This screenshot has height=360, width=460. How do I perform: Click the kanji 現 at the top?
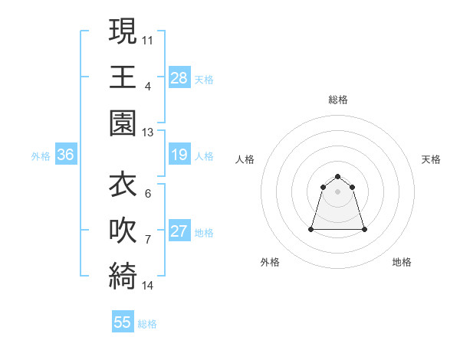click(123, 31)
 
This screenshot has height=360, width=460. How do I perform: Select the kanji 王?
click(123, 77)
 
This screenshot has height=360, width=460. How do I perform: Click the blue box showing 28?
click(179, 77)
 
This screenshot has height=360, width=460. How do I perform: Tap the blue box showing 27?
click(179, 231)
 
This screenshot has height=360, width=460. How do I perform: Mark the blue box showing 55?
click(123, 322)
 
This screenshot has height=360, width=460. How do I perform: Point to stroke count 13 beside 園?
click(148, 133)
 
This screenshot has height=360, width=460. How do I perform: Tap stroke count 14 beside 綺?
click(148, 286)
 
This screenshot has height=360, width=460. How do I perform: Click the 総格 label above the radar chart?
click(337, 100)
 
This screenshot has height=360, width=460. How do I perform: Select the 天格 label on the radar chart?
click(432, 159)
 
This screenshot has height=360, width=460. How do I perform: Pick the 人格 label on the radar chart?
click(245, 159)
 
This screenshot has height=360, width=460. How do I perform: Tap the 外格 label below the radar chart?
click(270, 262)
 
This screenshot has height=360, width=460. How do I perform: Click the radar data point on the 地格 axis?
click(363, 229)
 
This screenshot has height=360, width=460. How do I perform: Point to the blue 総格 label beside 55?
click(147, 324)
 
